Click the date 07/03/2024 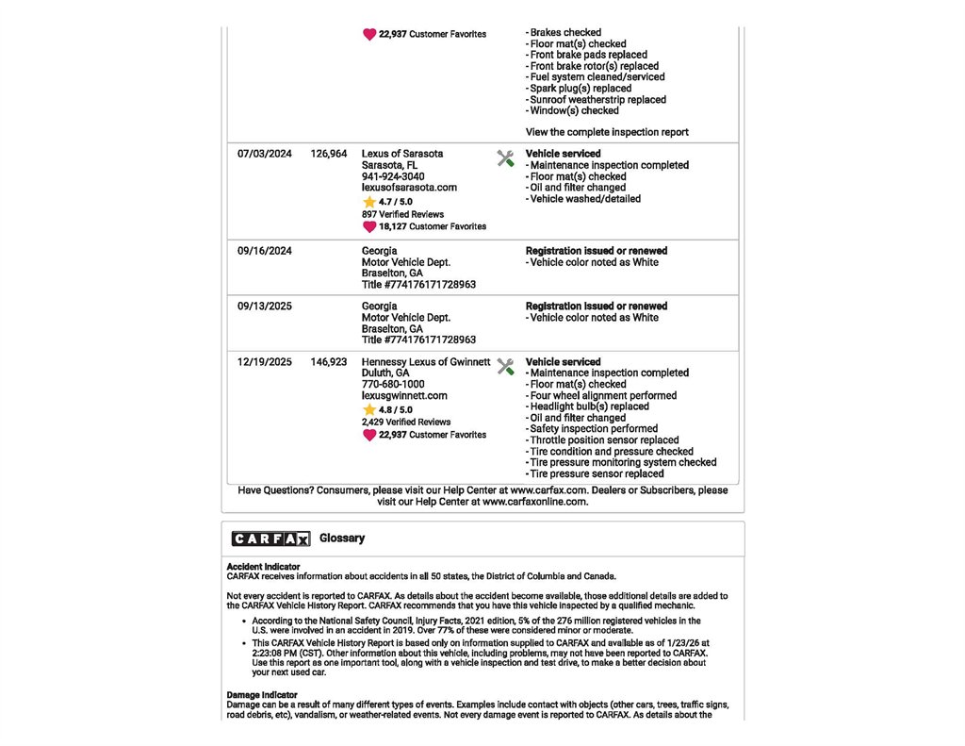click(265, 154)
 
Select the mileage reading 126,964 click(328, 154)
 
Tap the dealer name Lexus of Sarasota click(402, 154)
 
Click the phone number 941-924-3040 click(393, 176)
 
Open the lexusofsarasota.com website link click(409, 188)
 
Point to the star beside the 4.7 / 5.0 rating click(368, 202)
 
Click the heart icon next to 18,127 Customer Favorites click(369, 226)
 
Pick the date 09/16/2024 click(265, 252)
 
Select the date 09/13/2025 click(265, 307)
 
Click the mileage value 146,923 click(328, 362)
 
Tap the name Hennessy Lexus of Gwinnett click(426, 362)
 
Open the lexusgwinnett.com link click(404, 396)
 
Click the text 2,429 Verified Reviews click(406, 423)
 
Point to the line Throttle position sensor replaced click(604, 440)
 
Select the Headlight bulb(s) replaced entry click(589, 406)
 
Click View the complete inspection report click(607, 132)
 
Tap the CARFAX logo click(270, 539)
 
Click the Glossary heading click(342, 539)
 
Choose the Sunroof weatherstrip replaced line click(597, 100)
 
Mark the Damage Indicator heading click(262, 695)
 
